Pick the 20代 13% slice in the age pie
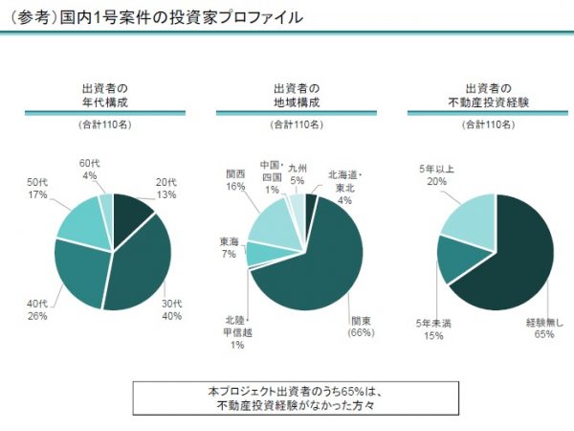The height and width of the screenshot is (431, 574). [x=132, y=210]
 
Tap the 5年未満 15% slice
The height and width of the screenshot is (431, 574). [x=458, y=259]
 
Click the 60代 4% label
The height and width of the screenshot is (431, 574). [x=90, y=169]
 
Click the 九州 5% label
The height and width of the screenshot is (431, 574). [x=297, y=173]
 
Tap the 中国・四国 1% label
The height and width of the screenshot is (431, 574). [x=272, y=176]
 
